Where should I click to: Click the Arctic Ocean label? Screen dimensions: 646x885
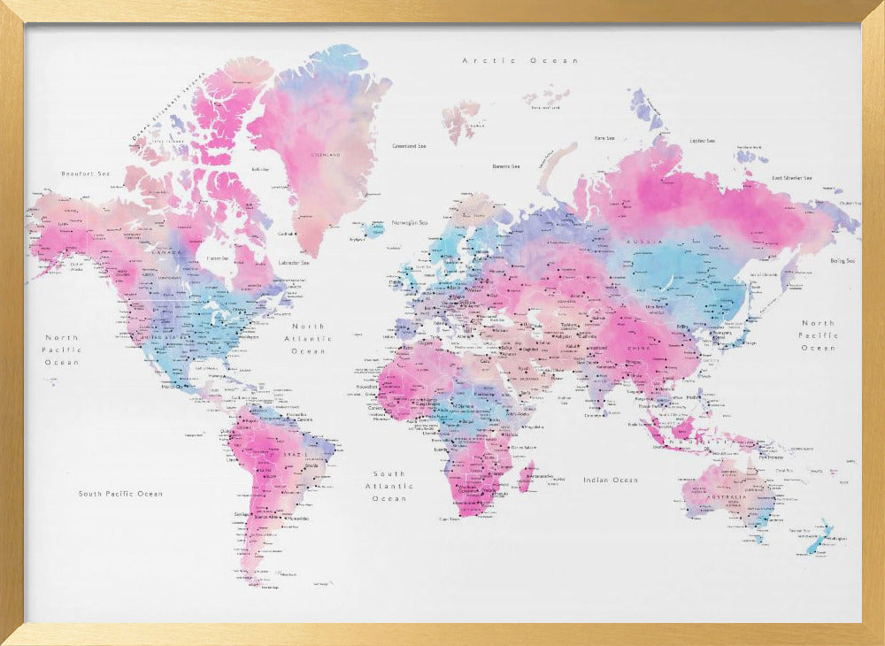pos(520,60)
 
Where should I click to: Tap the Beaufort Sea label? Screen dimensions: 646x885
pos(85,173)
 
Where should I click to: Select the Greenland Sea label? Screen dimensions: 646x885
pos(411,145)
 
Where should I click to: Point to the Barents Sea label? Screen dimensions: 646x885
pos(506,165)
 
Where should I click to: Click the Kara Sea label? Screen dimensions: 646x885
pos(605,138)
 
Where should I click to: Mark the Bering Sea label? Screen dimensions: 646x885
pos(843,261)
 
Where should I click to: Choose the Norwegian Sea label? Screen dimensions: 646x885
pos(410,222)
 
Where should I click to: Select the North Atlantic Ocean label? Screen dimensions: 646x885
pos(309,339)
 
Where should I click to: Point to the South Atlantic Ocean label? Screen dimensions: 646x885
pos(389,486)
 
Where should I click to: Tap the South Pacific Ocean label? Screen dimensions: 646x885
pos(120,494)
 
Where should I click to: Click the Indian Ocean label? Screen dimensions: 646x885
pos(610,480)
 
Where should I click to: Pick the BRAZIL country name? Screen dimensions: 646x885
pos(295,454)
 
